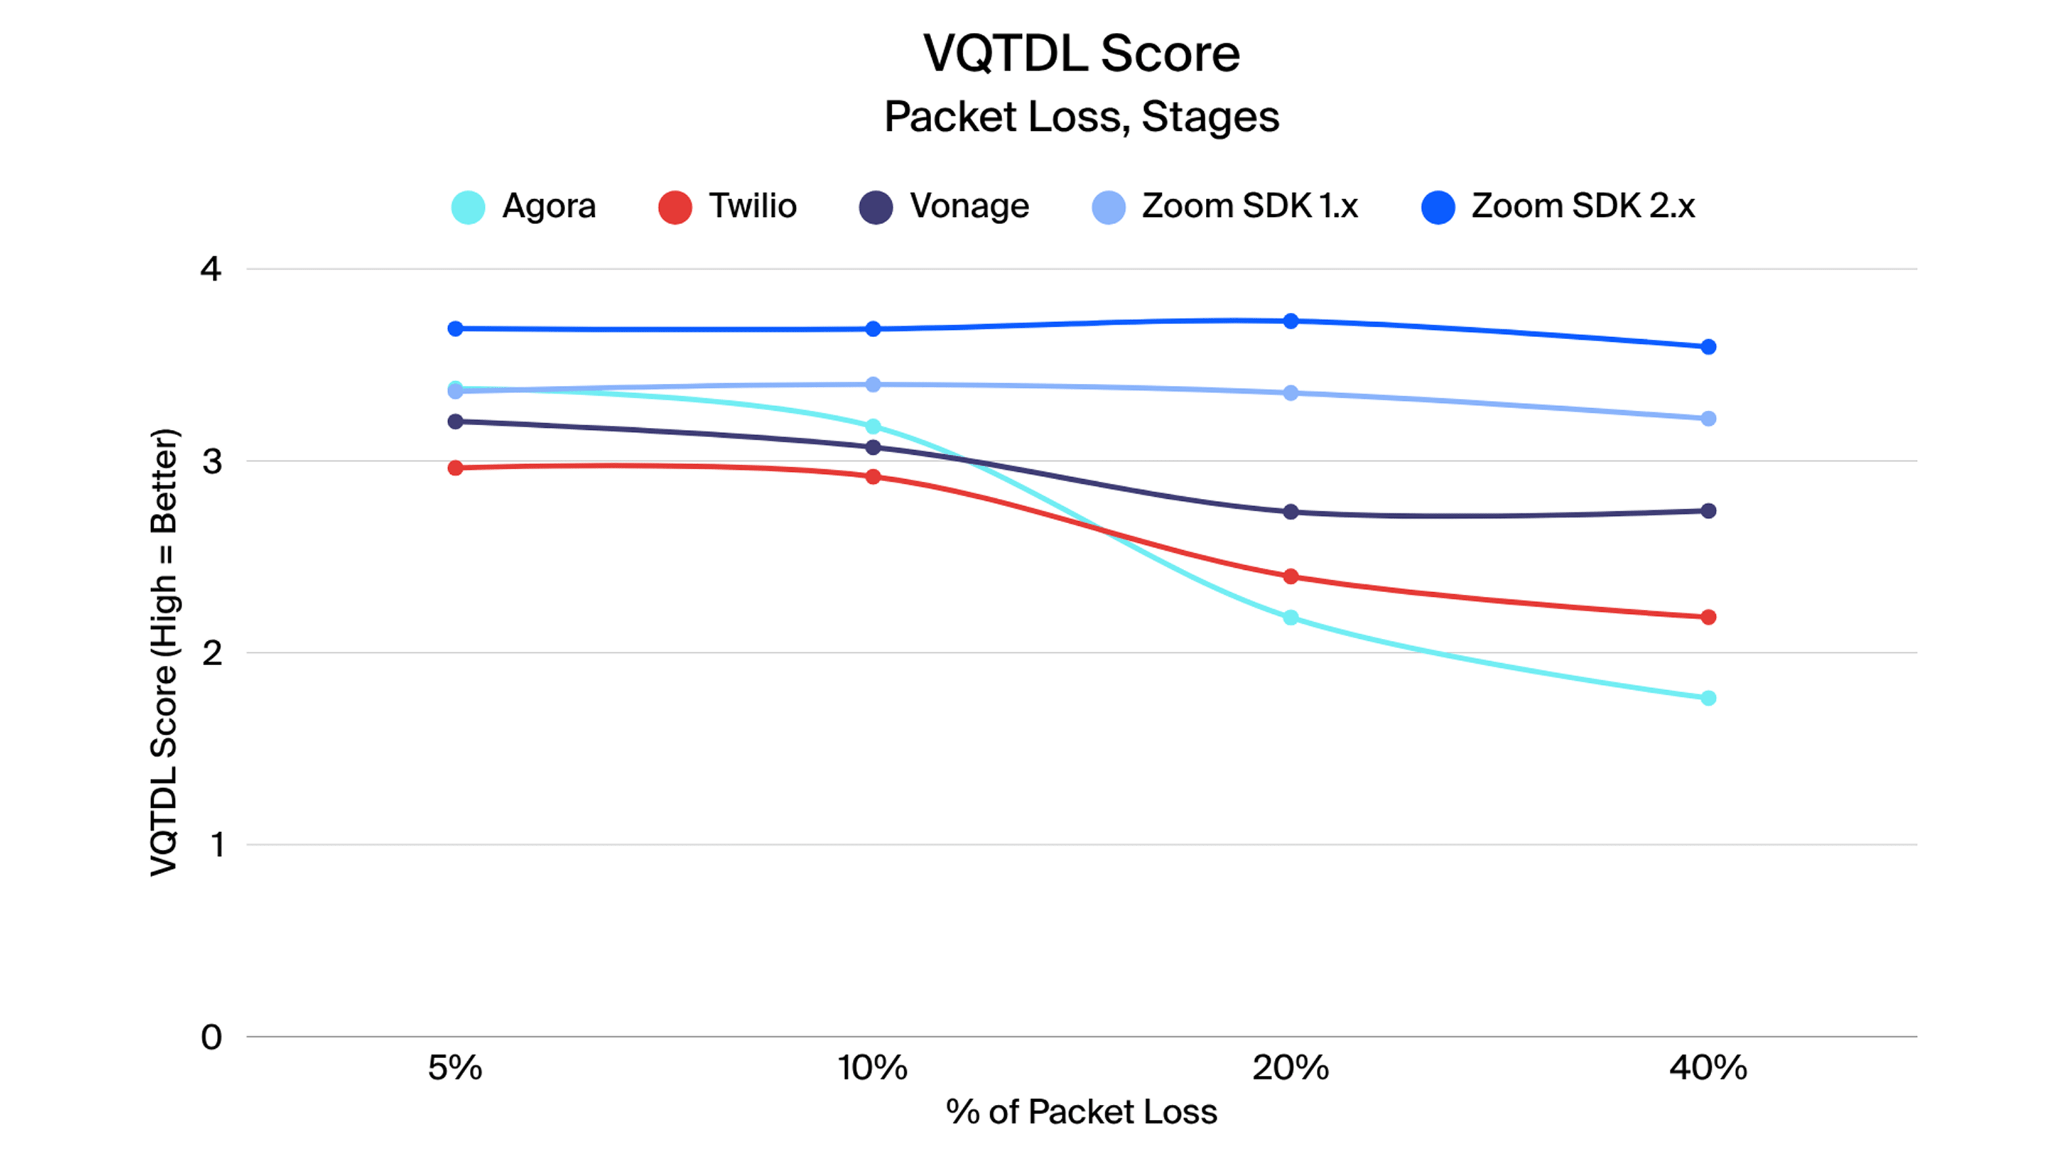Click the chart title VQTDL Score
tap(1080, 54)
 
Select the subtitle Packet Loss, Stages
tap(1080, 117)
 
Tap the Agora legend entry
tap(524, 207)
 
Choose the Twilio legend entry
tap(727, 207)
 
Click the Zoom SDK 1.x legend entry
tap(1225, 207)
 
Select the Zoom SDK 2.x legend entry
tap(1557, 207)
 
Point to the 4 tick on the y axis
tap(210, 269)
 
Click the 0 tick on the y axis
tap(211, 1037)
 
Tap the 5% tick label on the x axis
tap(455, 1068)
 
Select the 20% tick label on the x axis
tap(1291, 1068)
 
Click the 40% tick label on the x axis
tap(1709, 1068)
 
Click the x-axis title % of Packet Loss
tap(1081, 1112)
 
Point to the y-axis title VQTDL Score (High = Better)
tap(164, 652)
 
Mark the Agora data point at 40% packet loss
tap(1709, 699)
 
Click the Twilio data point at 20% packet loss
tap(1291, 576)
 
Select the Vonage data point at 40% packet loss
tap(1709, 511)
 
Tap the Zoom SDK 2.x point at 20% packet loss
tap(1291, 321)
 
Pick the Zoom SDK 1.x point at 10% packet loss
tap(873, 384)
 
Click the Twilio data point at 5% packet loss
tap(455, 467)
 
